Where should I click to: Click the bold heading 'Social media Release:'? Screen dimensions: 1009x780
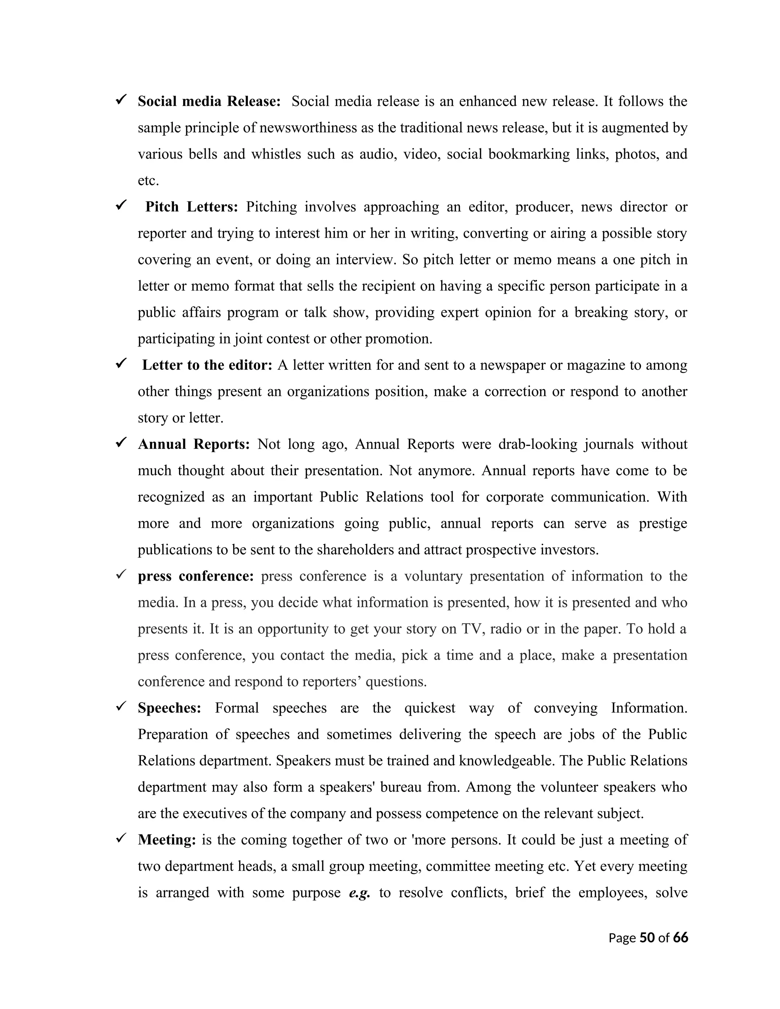209,101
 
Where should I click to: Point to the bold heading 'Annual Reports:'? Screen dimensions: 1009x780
193,444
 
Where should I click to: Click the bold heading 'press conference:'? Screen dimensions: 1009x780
195,576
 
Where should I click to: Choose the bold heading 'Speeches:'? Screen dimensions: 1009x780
169,708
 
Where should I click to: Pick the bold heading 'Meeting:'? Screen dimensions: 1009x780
167,840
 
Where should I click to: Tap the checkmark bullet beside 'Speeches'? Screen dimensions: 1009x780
121,706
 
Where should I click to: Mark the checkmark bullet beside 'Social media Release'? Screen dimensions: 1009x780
121,100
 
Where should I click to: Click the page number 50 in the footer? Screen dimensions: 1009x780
647,937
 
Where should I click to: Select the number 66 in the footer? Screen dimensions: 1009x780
680,937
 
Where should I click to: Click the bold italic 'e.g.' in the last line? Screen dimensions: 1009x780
360,892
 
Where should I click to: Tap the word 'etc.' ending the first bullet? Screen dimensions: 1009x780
148,180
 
